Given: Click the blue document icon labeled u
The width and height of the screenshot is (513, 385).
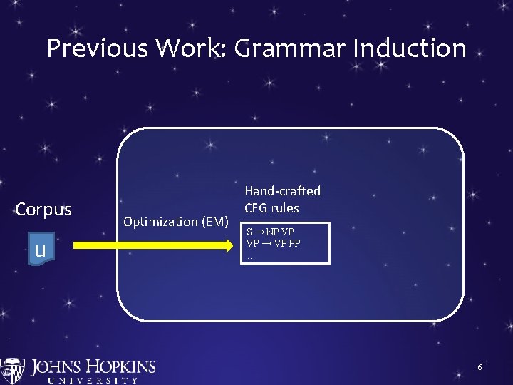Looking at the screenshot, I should point(41,250).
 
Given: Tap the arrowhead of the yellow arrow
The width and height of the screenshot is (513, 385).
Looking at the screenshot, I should point(230,245).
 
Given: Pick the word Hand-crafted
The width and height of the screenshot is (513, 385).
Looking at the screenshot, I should point(282,191).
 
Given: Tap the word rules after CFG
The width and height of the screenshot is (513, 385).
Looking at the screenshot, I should point(285,208).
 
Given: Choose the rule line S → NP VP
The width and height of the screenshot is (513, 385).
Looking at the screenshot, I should point(270,232).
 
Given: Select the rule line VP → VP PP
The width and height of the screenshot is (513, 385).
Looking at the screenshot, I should point(273,242).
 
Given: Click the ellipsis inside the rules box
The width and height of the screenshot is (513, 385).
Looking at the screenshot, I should point(251,255).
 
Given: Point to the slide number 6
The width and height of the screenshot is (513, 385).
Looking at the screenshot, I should point(480,367).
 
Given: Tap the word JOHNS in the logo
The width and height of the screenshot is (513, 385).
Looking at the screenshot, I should point(59,368).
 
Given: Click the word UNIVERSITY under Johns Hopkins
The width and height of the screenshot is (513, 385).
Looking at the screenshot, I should point(93,381).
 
